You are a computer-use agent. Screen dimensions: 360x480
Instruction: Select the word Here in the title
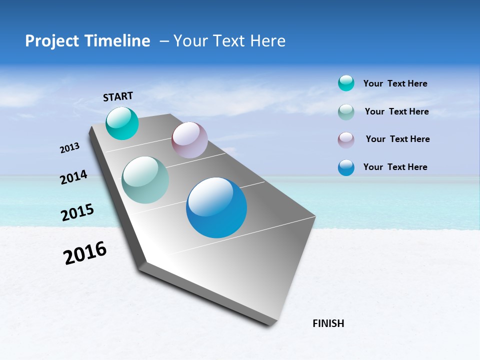[268, 41]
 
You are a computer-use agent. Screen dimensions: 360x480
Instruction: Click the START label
[118, 96]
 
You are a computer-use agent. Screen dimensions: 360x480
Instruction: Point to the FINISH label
[328, 323]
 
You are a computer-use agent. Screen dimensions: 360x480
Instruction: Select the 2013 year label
[70, 148]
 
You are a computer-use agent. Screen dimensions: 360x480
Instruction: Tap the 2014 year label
[74, 177]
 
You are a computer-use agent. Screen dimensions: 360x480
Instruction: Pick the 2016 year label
[85, 253]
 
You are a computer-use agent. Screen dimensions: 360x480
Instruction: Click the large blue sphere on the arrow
[216, 207]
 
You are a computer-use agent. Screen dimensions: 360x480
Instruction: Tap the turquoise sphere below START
[122, 123]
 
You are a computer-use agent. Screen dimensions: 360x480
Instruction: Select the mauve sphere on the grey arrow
[189, 140]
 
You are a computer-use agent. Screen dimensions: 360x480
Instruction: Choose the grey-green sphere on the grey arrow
[145, 180]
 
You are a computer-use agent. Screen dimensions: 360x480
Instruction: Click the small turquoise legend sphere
[346, 83]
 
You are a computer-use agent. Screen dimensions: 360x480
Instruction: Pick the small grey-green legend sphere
[346, 112]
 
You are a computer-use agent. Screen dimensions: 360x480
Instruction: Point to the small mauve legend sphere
[346, 140]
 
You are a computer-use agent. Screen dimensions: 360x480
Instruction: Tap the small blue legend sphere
[346, 167]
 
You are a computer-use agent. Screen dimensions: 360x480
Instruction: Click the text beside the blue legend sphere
[395, 167]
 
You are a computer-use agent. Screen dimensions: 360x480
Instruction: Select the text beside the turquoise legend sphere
[395, 83]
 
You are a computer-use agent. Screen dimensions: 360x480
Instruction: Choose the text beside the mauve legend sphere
[397, 139]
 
